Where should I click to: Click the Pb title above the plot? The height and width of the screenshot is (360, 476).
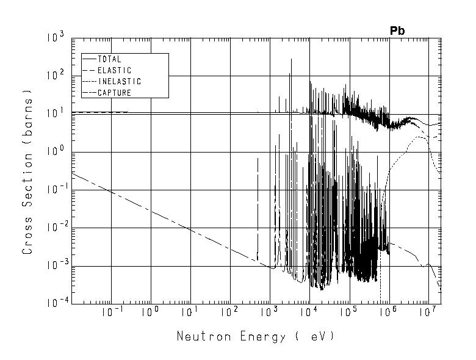coord(398,31)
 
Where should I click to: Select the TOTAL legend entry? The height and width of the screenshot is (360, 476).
coord(110,60)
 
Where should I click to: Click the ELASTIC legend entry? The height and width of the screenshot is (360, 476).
coord(114,71)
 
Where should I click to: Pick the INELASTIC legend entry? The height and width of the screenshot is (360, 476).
coord(119,82)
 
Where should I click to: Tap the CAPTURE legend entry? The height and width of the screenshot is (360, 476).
coord(114,93)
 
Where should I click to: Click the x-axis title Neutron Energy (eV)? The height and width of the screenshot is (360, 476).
coord(256,336)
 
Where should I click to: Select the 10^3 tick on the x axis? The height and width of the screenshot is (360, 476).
coord(269,314)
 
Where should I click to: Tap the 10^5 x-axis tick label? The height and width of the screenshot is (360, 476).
coord(348,314)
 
